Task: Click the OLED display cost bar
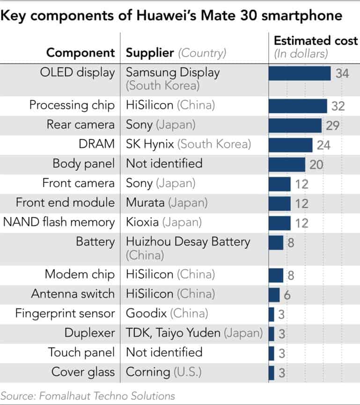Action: coord(300,73)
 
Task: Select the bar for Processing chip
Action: coord(298,106)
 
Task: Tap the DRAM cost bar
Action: coord(290,145)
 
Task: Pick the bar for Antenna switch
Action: coord(274,294)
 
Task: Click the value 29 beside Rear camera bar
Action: coord(333,125)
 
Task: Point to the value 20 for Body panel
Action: coord(316,164)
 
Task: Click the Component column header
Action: coord(81,53)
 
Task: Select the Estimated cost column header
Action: coord(316,41)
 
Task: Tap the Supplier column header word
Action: coord(150,53)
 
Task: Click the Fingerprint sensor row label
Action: coord(65,313)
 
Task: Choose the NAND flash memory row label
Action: coord(59,222)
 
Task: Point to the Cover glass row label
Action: coord(83,372)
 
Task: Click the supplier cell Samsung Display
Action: coord(173,72)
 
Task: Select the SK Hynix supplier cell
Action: coord(150,144)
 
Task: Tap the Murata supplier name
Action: coord(146,202)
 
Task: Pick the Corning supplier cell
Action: coord(148,372)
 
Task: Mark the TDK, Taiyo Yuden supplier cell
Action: coord(173,333)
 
